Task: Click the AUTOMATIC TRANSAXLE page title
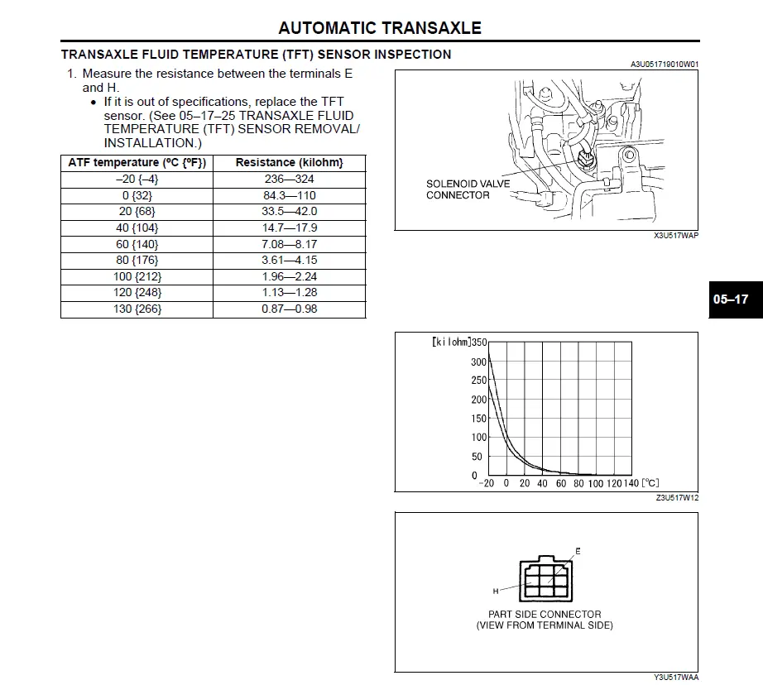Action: [x=380, y=27]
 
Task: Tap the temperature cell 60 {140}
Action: [x=137, y=244]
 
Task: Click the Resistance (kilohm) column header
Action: [x=289, y=162]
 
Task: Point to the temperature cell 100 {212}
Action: [x=137, y=276]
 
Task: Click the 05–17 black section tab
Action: [x=731, y=299]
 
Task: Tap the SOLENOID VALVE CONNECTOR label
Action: [x=468, y=189]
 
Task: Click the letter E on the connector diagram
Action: [x=578, y=551]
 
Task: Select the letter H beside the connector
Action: [x=496, y=592]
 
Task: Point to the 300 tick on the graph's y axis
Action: [x=478, y=362]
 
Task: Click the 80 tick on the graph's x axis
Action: [x=578, y=484]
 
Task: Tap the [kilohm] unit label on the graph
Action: [x=451, y=342]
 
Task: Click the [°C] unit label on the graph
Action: [x=650, y=484]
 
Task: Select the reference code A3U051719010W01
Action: [x=665, y=64]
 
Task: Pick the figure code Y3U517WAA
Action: [x=676, y=678]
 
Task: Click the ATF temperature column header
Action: [x=137, y=162]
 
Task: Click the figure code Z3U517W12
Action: [x=677, y=498]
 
